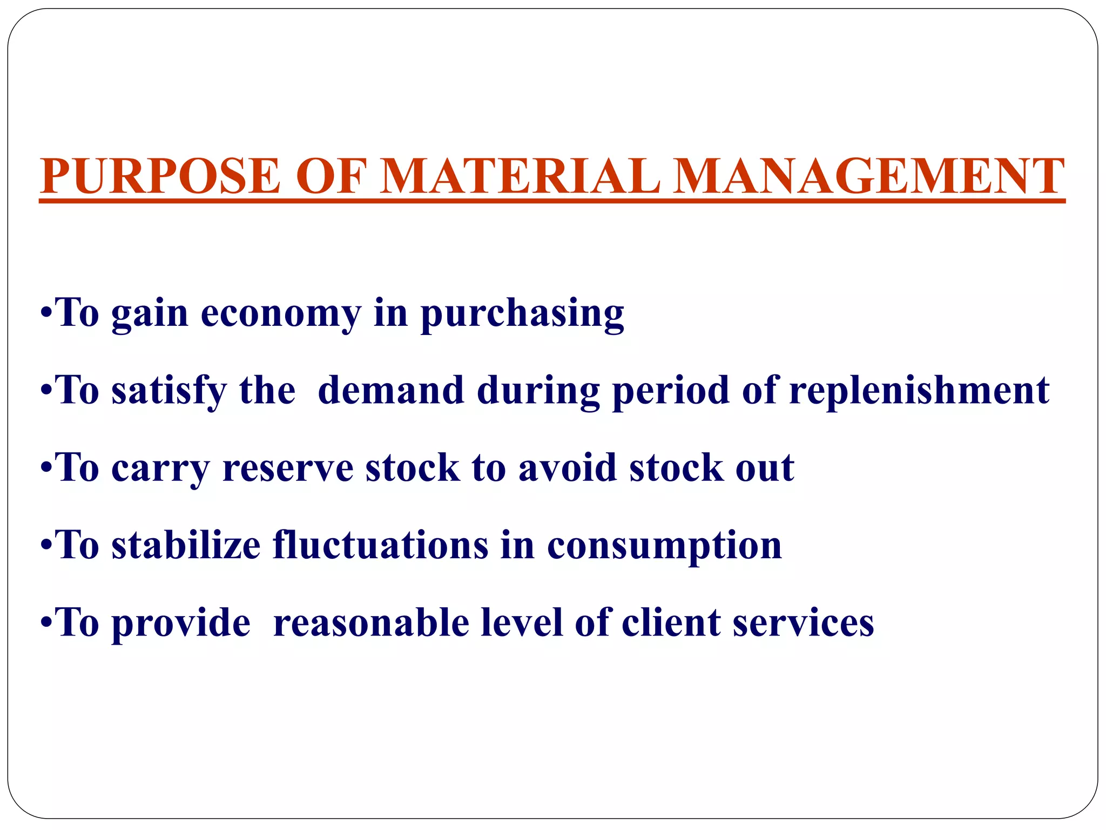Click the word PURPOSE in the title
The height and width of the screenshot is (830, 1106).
(160, 177)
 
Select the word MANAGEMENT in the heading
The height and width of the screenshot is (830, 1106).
(869, 177)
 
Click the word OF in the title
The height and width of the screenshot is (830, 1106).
(331, 177)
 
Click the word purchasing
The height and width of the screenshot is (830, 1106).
(522, 313)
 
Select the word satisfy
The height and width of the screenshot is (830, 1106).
(169, 391)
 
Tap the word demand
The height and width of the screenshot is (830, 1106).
(391, 391)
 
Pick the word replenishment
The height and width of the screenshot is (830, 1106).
(919, 391)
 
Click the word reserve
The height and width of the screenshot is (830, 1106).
(288, 468)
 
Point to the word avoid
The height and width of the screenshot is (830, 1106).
(568, 468)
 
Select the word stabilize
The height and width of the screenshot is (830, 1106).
(186, 545)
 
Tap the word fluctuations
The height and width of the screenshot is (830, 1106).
(381, 545)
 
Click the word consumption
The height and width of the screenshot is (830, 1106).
(664, 545)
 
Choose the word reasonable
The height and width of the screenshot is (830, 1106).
(371, 623)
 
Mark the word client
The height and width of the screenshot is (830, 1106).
(671, 623)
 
